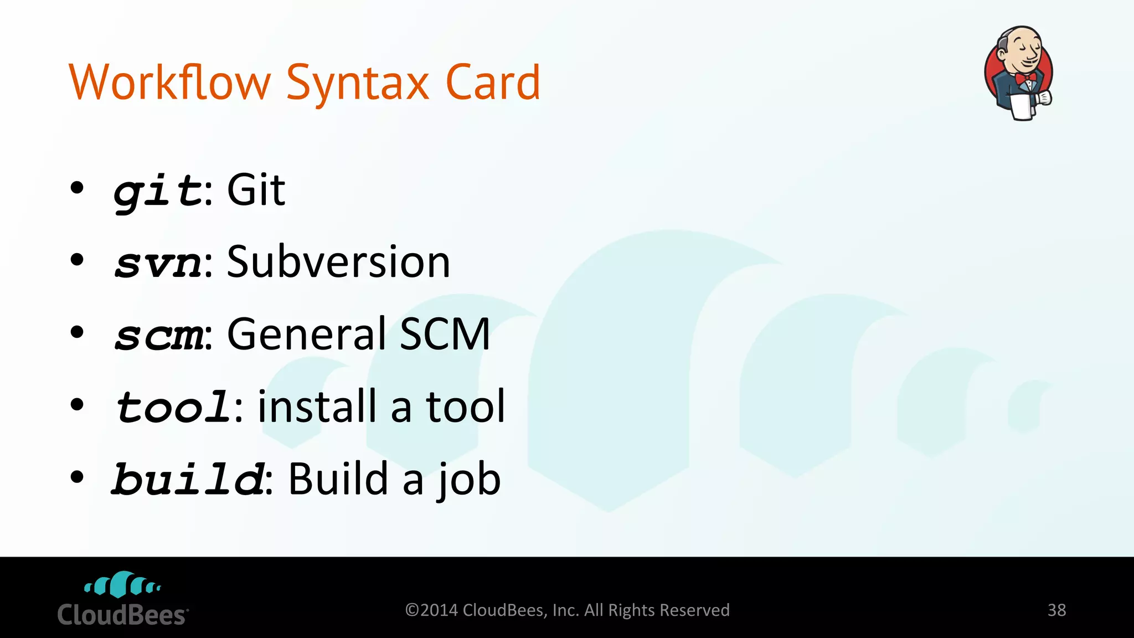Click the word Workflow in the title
click(x=169, y=83)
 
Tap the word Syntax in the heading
click(x=358, y=84)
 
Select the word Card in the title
click(x=492, y=83)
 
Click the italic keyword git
click(x=158, y=191)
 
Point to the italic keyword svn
click(x=158, y=263)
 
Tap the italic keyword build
click(x=188, y=479)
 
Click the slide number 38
click(x=1056, y=610)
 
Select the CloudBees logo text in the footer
click(x=122, y=615)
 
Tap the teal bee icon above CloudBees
click(x=122, y=585)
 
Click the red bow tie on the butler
click(x=1025, y=78)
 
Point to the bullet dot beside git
click(x=77, y=188)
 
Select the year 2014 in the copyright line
click(x=439, y=610)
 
